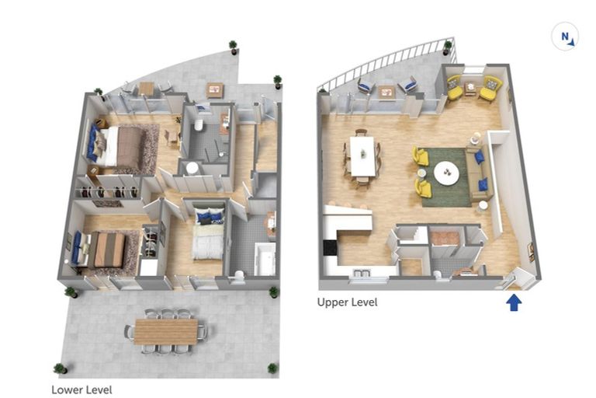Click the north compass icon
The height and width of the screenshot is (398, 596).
[x=565, y=37]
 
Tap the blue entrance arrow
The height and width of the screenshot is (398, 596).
[x=514, y=303]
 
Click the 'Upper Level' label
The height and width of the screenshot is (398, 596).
[x=347, y=302]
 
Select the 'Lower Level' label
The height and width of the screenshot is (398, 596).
[x=81, y=390]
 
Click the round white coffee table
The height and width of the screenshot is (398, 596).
[x=447, y=173]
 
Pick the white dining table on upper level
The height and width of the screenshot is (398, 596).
[x=362, y=156]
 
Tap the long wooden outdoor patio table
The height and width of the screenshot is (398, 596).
[x=166, y=332]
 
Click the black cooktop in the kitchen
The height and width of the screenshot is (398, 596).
[x=330, y=248]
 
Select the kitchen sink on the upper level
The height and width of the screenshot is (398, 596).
[x=361, y=273]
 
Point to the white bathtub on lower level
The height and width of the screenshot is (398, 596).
[x=265, y=259]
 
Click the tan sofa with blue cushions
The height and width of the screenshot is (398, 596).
[x=479, y=173]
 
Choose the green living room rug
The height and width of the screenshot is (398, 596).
[x=444, y=176]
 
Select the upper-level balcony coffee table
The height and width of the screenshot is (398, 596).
[x=386, y=93]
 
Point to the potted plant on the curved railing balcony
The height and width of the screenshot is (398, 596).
[x=447, y=47]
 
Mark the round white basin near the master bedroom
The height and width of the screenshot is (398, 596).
[x=192, y=168]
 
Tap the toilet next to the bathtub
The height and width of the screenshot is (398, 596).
[x=239, y=276]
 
